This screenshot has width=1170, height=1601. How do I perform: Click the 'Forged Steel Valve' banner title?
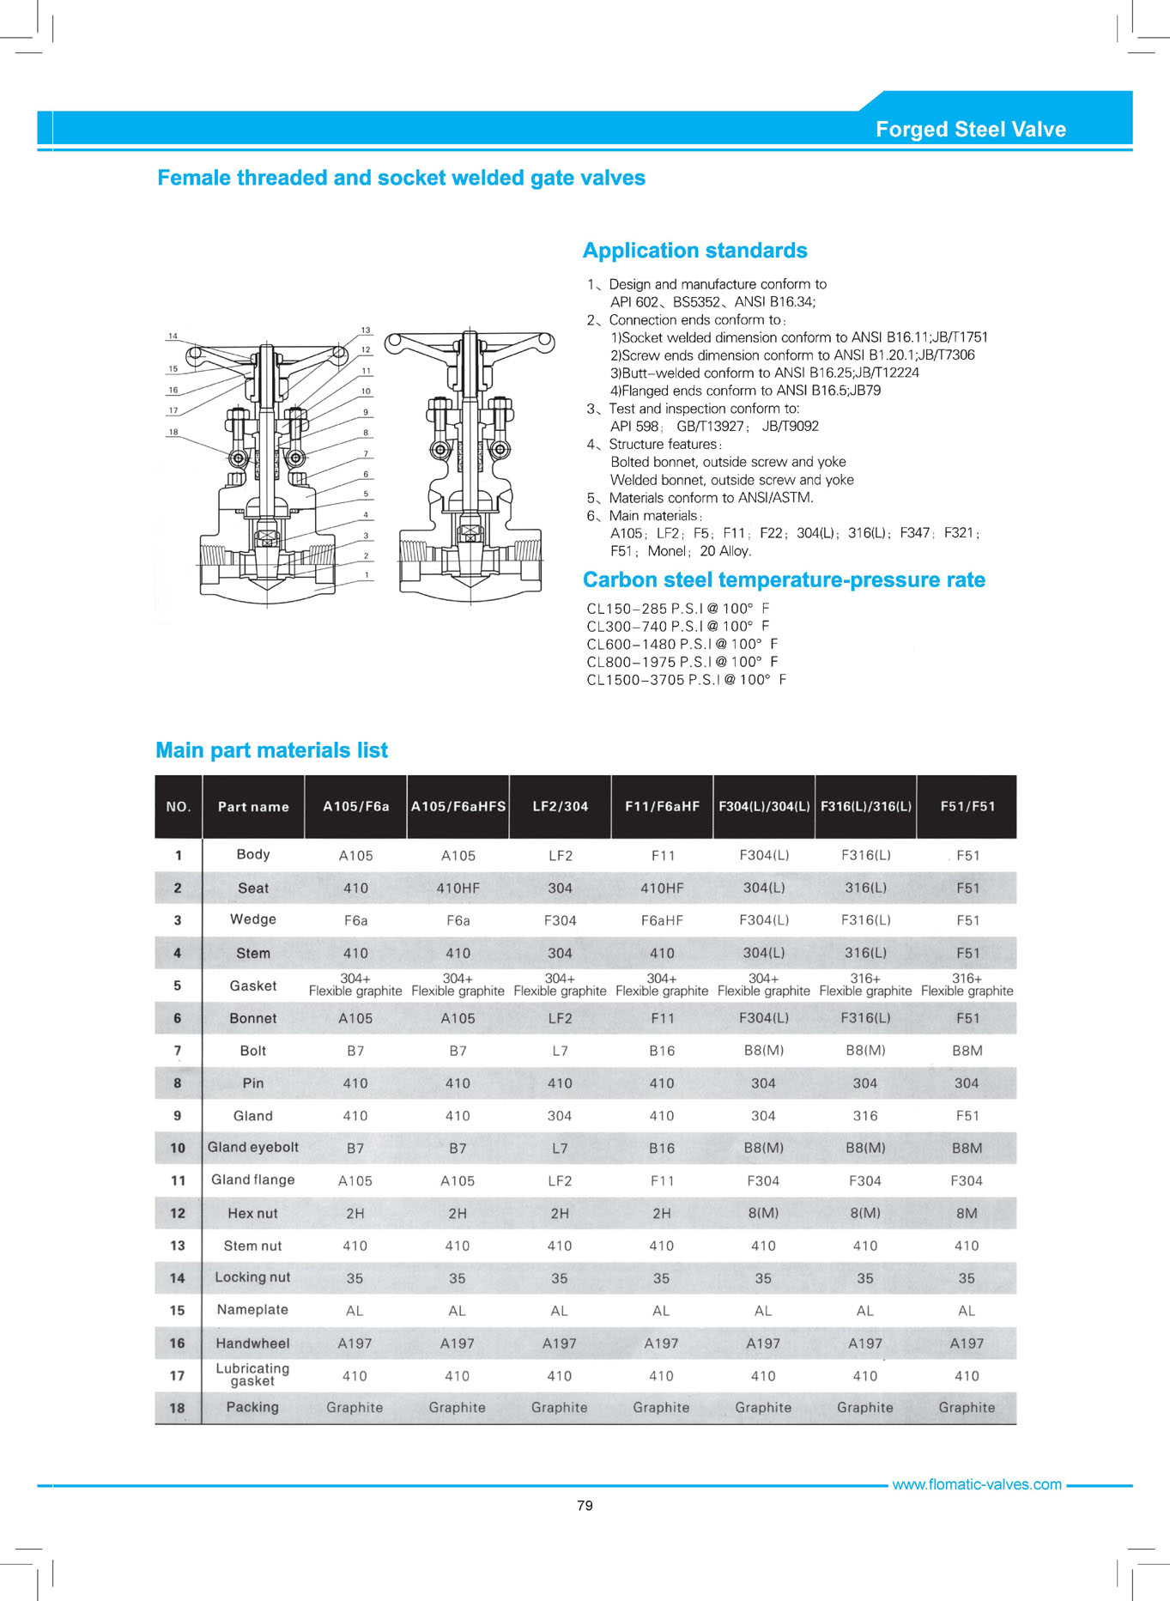tap(970, 130)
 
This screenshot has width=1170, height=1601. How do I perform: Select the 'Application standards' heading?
tap(694, 251)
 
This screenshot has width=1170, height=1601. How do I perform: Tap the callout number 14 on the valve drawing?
tap(173, 337)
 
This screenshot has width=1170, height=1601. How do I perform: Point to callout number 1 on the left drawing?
tap(367, 575)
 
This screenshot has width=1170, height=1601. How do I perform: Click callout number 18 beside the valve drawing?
tap(173, 432)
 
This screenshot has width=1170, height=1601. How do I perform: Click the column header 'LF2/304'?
tap(560, 807)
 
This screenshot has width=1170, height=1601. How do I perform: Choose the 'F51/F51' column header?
tap(967, 807)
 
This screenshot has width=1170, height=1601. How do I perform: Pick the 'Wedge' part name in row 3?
tap(253, 919)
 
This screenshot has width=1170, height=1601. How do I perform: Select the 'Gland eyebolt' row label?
tap(253, 1148)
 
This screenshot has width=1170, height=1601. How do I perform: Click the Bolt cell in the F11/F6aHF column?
tap(662, 1051)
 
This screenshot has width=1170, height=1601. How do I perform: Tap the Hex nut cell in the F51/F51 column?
tap(967, 1214)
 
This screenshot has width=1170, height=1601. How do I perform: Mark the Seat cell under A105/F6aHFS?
tap(458, 888)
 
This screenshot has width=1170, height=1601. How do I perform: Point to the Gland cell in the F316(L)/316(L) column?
tap(864, 1116)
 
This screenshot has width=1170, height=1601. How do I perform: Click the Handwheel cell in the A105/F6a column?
tap(355, 1343)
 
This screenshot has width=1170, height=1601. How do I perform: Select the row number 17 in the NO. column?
tap(178, 1376)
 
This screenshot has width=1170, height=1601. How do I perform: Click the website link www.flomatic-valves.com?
tap(977, 1485)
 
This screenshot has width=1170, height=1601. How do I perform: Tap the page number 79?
tap(585, 1506)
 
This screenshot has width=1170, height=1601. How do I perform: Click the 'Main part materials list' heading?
tap(271, 750)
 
